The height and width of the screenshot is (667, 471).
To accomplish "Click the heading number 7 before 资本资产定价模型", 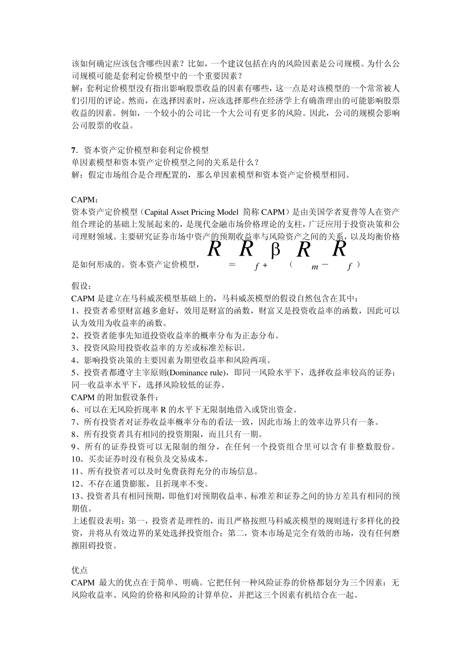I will [x=73, y=150].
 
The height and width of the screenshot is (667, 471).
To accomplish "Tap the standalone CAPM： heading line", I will [x=85, y=200].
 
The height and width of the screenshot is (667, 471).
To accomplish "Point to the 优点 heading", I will [x=80, y=570].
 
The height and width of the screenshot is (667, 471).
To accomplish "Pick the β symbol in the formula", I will [x=276, y=250].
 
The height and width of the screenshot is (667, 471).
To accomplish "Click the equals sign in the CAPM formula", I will [x=231, y=265].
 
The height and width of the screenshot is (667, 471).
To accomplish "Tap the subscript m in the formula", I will [x=315, y=267].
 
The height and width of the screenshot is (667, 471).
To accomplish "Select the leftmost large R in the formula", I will [x=214, y=249].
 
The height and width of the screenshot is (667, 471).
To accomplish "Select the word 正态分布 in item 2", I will [x=260, y=335].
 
